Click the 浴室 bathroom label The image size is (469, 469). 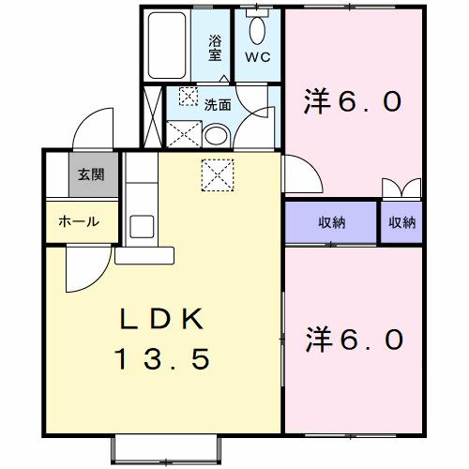(x=214, y=48)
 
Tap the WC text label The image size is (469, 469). (x=257, y=56)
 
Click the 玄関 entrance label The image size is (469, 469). (x=91, y=174)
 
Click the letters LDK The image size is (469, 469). (x=160, y=319)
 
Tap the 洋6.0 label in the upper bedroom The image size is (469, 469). (x=354, y=100)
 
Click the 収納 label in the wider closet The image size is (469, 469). (x=331, y=222)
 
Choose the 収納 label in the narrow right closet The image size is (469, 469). (x=401, y=222)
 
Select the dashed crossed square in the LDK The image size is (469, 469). (x=217, y=174)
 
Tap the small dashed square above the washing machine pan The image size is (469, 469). (x=189, y=96)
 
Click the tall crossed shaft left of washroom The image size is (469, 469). (x=151, y=117)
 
